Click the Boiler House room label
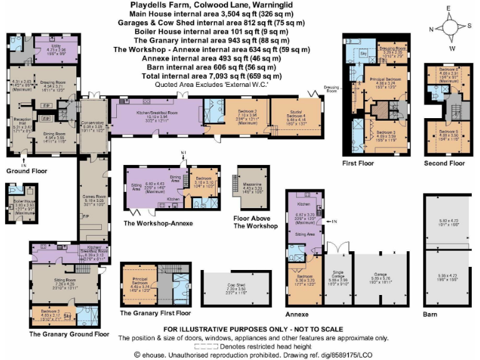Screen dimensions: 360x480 tap(24, 202)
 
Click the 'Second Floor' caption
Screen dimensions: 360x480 tap(444, 163)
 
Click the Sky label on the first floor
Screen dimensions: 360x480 tap(364, 54)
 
